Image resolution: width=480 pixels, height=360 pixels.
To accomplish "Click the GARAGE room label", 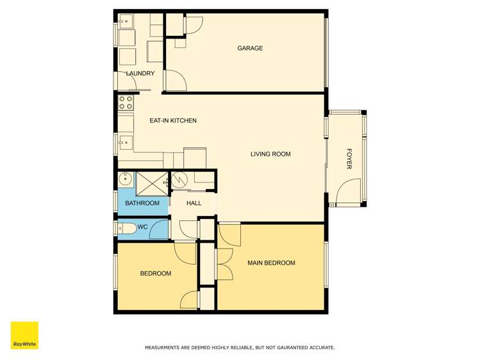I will point(250,49).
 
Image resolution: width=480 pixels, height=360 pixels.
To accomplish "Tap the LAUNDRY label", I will point(140,74).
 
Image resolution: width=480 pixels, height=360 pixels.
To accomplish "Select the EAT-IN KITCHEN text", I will point(172,120).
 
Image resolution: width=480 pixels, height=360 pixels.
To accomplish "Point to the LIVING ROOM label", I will point(270,154).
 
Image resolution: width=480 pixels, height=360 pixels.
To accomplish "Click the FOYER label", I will point(349,159).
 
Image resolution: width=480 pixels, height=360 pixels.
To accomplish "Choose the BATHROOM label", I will point(142,203).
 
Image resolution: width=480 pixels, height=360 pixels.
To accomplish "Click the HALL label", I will point(194,203).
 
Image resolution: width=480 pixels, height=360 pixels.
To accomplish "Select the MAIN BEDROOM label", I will point(271,263).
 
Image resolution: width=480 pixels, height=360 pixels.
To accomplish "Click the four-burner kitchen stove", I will point(126,102).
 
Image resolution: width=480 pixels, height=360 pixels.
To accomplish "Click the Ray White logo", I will point(24,335).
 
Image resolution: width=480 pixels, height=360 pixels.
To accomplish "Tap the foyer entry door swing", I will point(349,190).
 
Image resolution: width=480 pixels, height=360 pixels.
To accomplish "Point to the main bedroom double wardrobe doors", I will point(224,263).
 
